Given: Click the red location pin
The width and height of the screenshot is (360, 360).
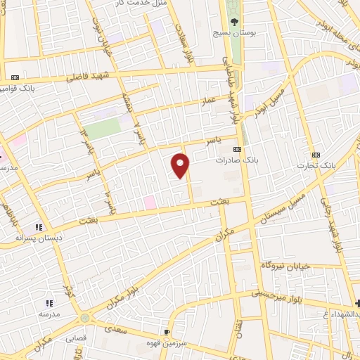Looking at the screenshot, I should tap(181, 165).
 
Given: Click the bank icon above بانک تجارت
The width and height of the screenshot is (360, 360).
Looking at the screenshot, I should tap(316, 153).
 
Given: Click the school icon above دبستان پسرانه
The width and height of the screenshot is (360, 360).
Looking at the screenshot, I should tap(39, 226).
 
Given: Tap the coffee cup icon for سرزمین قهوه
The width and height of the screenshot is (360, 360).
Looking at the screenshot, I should tap(167, 330).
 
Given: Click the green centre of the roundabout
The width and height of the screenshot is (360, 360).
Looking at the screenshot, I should tap(85, 318).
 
